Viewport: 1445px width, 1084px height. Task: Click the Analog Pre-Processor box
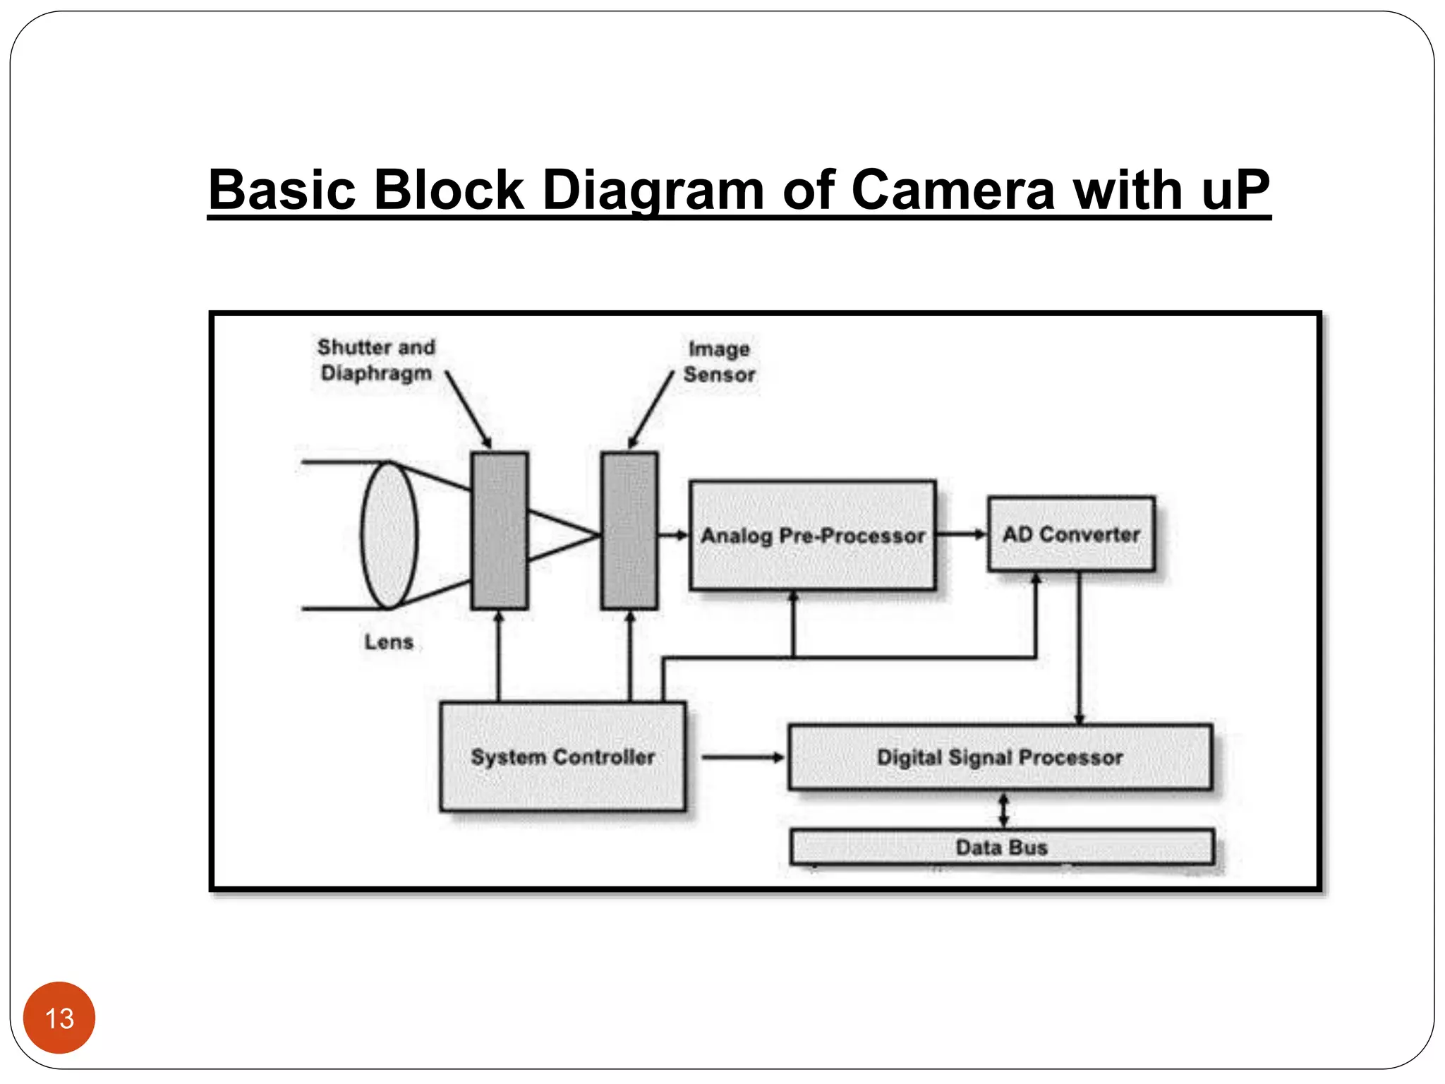pos(812,536)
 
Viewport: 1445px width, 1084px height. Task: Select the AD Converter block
pos(1070,534)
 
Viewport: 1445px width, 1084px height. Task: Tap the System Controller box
pos(562,757)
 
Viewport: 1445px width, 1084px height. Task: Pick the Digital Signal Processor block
pos(1000,757)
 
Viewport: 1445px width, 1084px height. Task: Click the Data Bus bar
pos(1001,847)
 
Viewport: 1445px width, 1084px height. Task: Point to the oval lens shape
pos(389,535)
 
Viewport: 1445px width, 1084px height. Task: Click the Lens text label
pos(389,642)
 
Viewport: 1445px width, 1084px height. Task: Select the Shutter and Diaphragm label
pos(375,360)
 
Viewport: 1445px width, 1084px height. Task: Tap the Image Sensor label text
pos(719,361)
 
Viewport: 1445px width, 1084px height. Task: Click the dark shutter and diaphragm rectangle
pos(500,531)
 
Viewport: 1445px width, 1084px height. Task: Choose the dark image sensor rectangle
pos(629,531)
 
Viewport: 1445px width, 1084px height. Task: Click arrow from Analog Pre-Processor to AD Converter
pos(962,534)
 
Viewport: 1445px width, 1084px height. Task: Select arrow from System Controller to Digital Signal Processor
pos(742,757)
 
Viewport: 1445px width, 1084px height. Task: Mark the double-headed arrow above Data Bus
pos(1003,810)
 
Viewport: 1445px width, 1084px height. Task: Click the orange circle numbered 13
pos(59,1018)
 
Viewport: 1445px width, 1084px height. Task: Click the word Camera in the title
pos(953,190)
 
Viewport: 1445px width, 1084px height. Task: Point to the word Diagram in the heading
pos(653,190)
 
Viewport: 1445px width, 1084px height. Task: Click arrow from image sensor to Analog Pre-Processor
pos(672,535)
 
